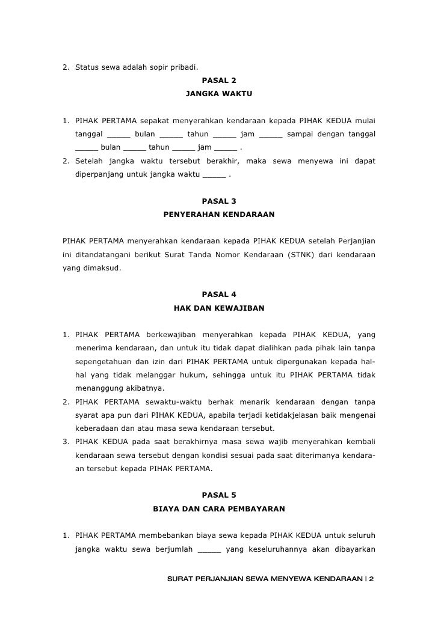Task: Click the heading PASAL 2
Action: click(219, 80)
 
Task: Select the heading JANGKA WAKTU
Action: click(219, 94)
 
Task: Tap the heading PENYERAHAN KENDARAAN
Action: click(219, 214)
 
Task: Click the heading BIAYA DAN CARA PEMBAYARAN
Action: click(219, 509)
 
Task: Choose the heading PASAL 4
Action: click(219, 294)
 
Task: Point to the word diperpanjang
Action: click(100, 175)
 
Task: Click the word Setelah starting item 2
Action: click(90, 162)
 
